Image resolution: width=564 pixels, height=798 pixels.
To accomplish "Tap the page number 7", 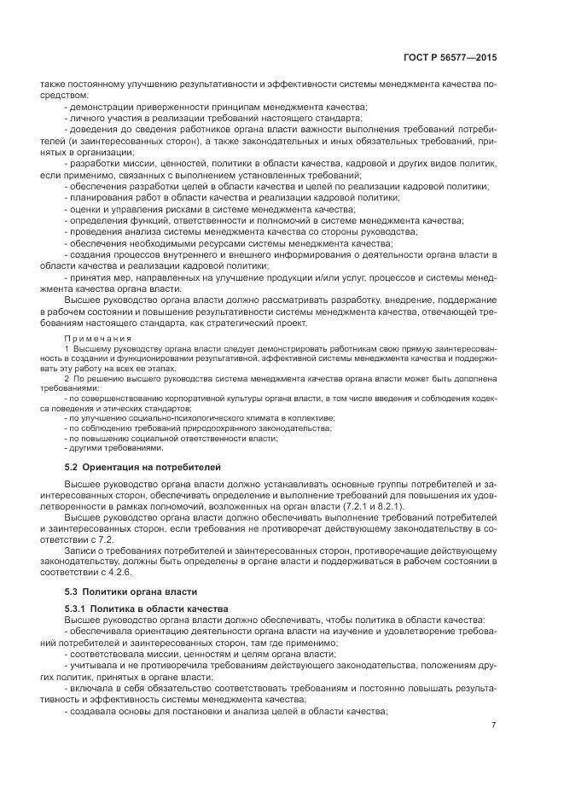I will tap(493, 726).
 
